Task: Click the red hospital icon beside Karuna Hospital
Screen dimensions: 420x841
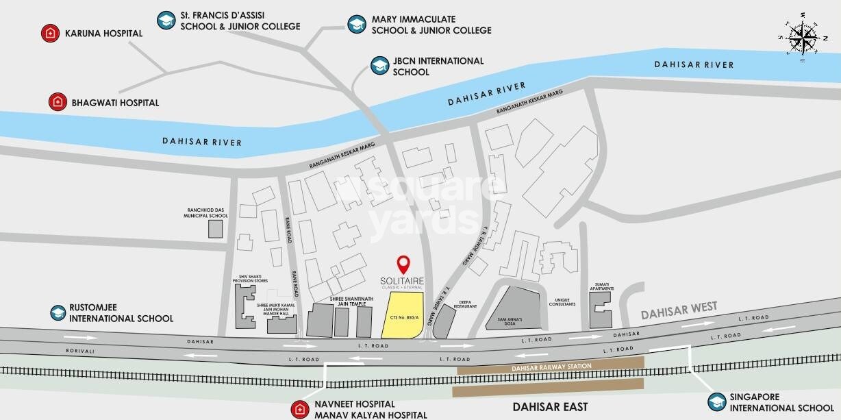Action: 49,33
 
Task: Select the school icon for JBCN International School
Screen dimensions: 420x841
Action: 379,66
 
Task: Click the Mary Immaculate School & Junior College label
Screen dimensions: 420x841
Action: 431,25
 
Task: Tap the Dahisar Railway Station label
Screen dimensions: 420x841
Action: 551,367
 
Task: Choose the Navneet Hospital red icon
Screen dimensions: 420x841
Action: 299,410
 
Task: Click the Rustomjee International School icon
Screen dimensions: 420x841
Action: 58,313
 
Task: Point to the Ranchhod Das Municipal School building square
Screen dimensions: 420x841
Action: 216,230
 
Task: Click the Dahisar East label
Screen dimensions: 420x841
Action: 554,407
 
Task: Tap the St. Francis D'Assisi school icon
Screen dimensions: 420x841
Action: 165,20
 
